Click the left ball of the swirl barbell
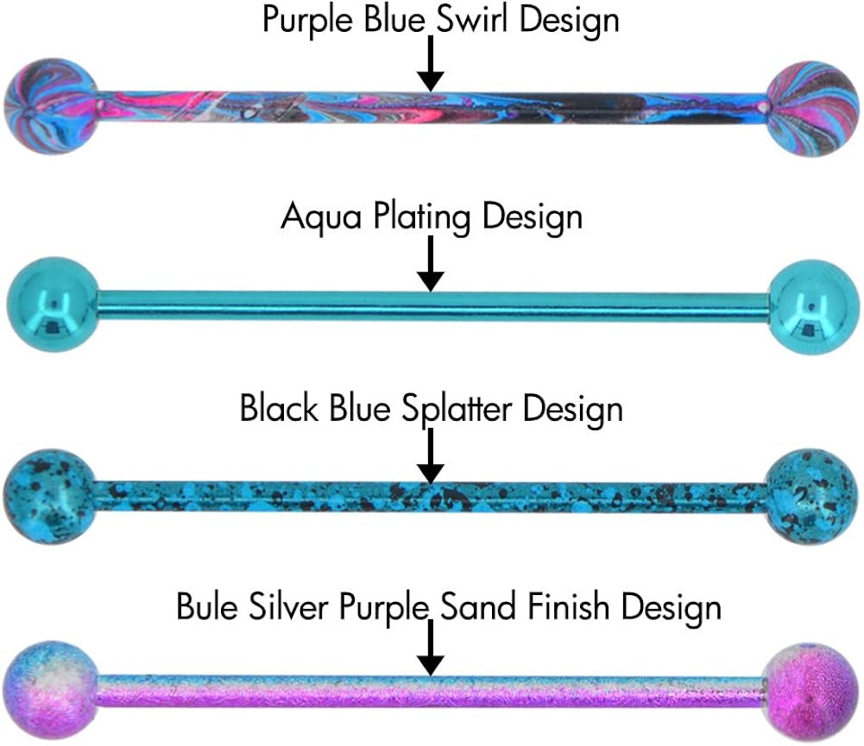51,106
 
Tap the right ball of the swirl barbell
813,109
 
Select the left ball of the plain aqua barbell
54,304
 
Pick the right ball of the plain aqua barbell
813,307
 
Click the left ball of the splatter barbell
50,497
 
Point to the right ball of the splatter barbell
812,497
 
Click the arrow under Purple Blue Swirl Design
431,63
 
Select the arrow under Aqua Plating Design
431,264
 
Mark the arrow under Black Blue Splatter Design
431,456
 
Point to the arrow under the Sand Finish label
431,648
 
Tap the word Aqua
321,216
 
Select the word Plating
422,216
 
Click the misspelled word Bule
208,606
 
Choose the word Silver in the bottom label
289,606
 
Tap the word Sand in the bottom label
477,606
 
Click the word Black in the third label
280,408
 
